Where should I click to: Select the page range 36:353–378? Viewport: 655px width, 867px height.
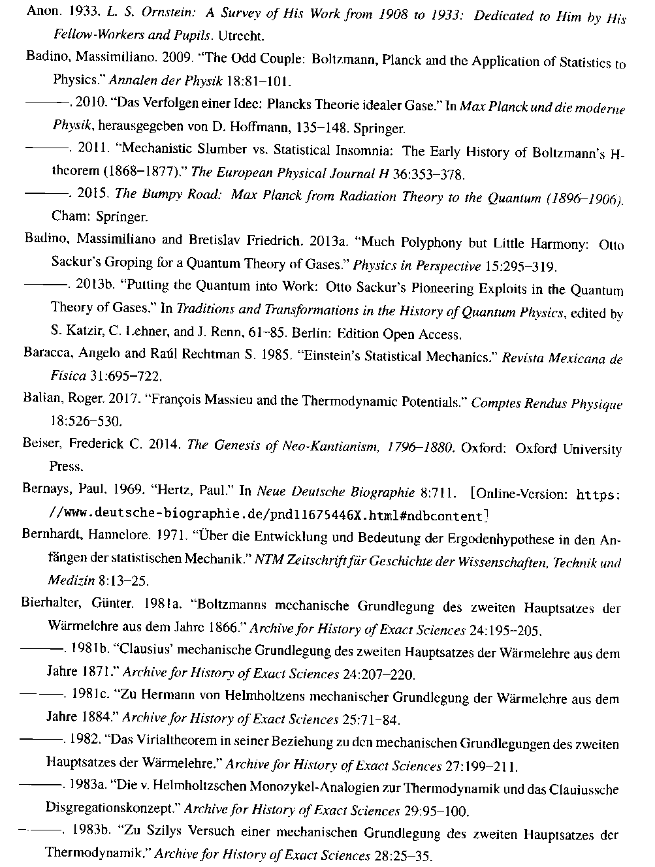tap(427, 174)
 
